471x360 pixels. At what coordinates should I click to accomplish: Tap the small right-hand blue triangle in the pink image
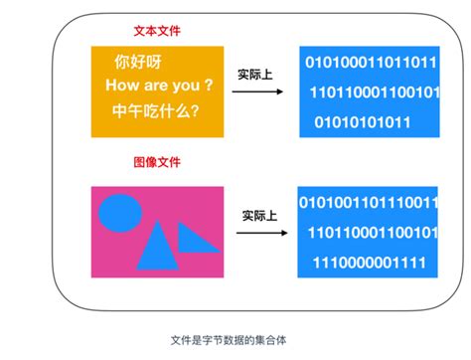tap(197, 237)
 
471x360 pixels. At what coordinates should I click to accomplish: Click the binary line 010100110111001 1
tap(369, 205)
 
